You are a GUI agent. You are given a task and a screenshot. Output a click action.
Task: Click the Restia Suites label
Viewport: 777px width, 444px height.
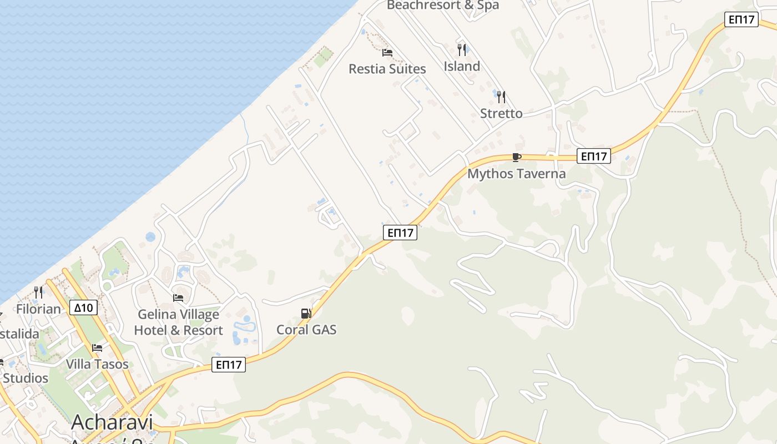click(x=387, y=69)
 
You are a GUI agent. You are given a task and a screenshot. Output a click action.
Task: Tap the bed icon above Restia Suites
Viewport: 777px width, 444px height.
click(x=387, y=53)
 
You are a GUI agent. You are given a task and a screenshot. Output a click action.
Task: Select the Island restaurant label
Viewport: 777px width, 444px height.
click(x=462, y=66)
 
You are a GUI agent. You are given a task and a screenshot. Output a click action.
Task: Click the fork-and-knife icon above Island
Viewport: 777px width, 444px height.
click(x=462, y=50)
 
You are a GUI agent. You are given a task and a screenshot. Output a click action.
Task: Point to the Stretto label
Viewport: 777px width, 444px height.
click(x=501, y=113)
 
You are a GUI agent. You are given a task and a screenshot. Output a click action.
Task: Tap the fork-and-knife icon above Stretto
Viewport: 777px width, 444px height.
click(x=501, y=97)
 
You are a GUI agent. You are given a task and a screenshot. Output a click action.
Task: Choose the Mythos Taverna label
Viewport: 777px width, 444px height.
click(x=516, y=173)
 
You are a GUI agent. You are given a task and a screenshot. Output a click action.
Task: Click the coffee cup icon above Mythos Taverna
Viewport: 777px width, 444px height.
click(x=516, y=157)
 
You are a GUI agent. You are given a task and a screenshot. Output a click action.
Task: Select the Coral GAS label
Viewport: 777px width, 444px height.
click(x=306, y=329)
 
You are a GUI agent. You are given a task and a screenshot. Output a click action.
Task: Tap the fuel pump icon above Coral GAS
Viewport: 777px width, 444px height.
click(x=306, y=314)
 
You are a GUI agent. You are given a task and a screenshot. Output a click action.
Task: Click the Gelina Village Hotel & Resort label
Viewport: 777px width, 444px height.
click(x=178, y=322)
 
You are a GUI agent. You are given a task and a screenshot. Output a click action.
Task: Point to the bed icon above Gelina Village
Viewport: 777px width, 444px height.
click(x=178, y=298)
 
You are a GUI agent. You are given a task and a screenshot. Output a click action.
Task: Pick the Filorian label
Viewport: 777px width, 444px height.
click(x=38, y=309)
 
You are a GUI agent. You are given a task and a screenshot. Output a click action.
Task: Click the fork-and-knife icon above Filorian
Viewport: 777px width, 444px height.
click(x=38, y=292)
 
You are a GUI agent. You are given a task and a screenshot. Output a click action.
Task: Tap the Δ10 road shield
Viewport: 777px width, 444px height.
click(x=84, y=307)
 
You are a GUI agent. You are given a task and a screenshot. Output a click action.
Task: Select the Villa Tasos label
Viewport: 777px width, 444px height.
click(x=97, y=364)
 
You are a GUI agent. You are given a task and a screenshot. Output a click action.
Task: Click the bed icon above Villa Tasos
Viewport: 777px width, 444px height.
click(x=97, y=348)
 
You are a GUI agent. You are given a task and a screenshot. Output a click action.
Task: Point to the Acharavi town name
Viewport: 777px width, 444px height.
click(x=112, y=422)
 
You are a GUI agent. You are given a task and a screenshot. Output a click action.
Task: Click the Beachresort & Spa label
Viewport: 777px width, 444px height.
click(x=442, y=5)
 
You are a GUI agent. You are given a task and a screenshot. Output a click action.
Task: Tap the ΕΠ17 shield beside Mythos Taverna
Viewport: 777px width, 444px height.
click(x=593, y=156)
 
